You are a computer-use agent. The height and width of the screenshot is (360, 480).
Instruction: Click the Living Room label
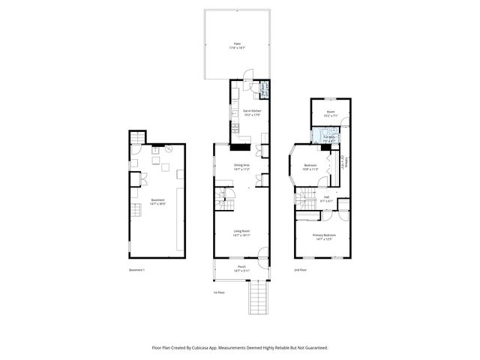(x=241, y=233)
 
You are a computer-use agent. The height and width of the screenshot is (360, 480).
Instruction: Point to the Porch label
(x=241, y=268)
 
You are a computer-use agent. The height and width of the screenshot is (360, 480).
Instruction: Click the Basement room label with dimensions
(x=157, y=202)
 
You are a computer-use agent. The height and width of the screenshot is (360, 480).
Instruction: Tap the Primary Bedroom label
(x=324, y=237)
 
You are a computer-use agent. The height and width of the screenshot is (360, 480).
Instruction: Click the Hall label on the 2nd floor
(x=326, y=198)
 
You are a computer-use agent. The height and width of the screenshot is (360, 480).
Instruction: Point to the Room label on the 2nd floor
(x=330, y=113)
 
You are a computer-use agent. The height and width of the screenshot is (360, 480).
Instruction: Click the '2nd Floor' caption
(x=300, y=269)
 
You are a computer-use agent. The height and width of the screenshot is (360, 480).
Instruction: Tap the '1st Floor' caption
(x=218, y=292)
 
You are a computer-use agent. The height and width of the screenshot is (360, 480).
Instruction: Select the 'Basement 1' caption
(x=136, y=269)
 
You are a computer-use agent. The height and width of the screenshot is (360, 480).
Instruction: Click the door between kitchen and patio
(x=247, y=78)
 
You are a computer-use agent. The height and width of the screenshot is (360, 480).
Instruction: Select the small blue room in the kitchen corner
(x=263, y=91)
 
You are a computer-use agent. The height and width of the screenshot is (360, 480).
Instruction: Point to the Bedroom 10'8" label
(x=310, y=167)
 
